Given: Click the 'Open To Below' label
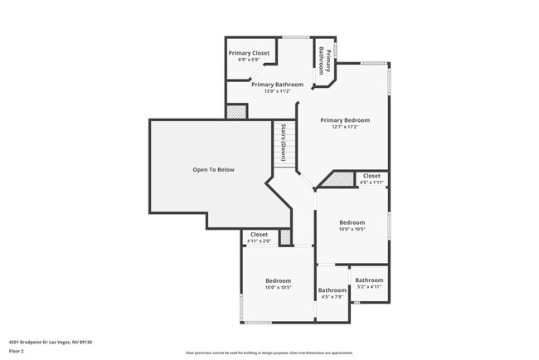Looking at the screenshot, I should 214,170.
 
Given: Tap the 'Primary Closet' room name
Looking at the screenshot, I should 249,53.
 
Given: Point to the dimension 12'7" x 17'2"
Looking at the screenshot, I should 345,127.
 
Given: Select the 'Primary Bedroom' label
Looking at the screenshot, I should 345,120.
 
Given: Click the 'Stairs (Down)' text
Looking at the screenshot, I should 283,142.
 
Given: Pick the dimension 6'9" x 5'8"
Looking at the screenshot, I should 249,60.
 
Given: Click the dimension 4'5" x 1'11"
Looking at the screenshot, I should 371,182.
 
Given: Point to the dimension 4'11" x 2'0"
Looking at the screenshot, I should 259,241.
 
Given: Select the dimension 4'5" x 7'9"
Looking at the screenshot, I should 333,296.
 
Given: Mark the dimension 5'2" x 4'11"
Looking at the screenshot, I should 370,286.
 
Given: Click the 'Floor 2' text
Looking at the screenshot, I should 17,351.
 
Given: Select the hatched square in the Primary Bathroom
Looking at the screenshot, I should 236,111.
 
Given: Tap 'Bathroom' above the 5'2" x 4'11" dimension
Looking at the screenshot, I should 370,280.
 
